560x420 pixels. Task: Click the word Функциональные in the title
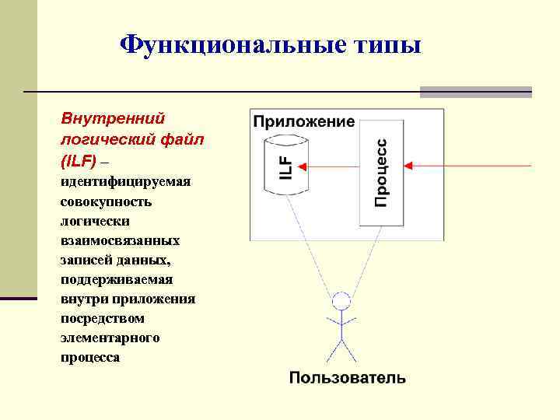coord(226,45)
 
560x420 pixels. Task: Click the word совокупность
coord(106,201)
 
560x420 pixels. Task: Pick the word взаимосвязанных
coord(120,240)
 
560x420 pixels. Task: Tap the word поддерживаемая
coord(117,279)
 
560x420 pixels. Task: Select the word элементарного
coord(110,338)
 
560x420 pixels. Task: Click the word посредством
coord(102,318)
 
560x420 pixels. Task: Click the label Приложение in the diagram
coord(303,121)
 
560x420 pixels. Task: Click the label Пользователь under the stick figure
coord(347,378)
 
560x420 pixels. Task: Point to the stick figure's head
coord(341,300)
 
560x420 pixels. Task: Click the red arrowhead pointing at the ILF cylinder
coord(303,166)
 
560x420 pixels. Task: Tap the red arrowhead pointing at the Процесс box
coord(409,166)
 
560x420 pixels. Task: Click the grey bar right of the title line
coord(475,92)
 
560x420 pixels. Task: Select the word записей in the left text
coord(85,260)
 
